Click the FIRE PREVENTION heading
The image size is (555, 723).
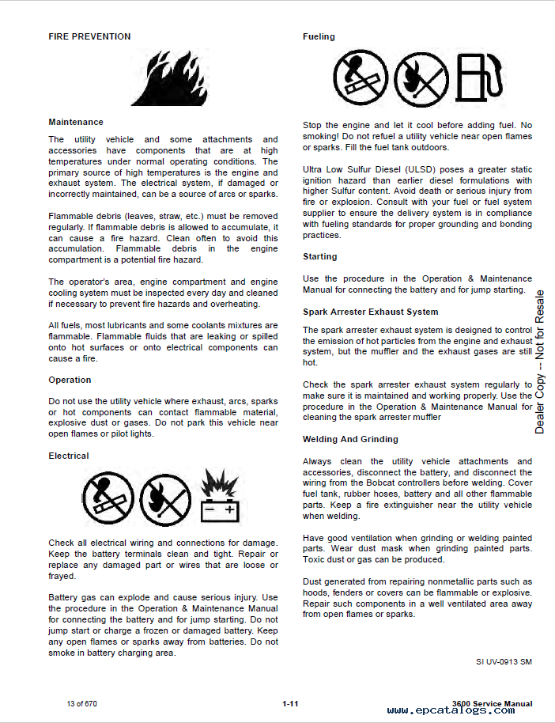coord(89,36)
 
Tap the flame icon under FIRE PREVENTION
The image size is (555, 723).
coord(163,78)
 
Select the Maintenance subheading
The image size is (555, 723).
coord(76,122)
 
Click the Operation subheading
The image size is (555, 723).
coord(70,380)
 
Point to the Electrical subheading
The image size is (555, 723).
coord(69,456)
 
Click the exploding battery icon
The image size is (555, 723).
coord(220,498)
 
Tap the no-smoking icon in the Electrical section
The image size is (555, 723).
coord(108,498)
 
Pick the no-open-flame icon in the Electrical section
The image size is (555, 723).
coord(164,499)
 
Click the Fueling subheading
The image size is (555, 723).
coord(319,36)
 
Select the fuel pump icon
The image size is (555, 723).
coord(480,78)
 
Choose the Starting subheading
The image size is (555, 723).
coord(319,256)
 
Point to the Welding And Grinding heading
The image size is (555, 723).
coord(350,439)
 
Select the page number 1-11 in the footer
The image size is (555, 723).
coord(289,704)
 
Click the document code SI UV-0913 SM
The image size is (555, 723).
coord(504,661)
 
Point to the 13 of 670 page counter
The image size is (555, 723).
coord(83,704)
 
